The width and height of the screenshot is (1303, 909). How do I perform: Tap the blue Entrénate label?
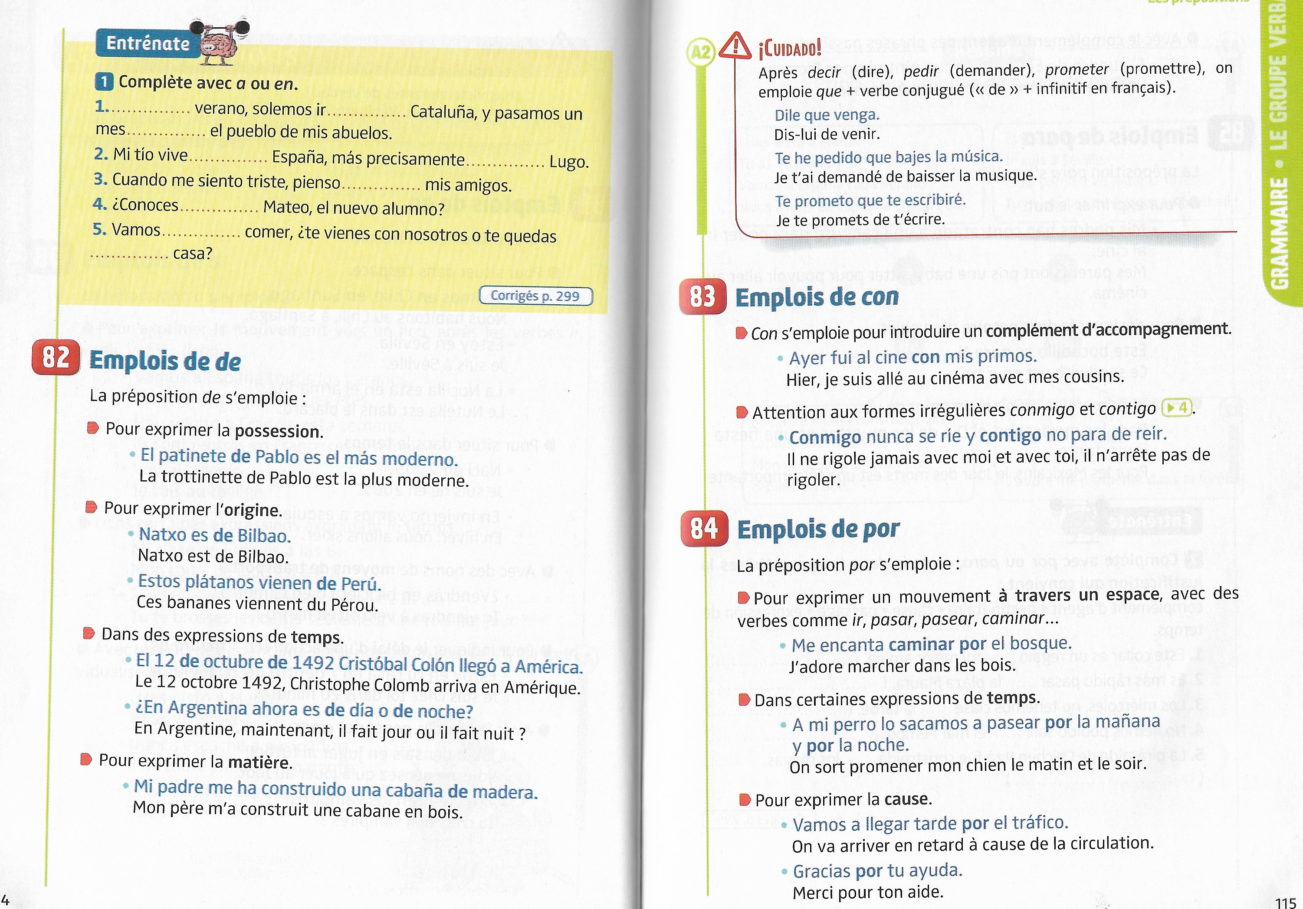[x=148, y=43]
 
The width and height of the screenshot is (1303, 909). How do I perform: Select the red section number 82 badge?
[x=55, y=358]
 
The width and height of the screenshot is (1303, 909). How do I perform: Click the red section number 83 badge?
[x=702, y=296]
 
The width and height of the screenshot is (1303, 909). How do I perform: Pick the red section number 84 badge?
[x=704, y=528]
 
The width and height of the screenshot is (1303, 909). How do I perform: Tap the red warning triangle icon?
[x=735, y=46]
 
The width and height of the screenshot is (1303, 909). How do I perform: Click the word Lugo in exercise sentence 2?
[x=569, y=162]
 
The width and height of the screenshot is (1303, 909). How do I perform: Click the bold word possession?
[x=278, y=432]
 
